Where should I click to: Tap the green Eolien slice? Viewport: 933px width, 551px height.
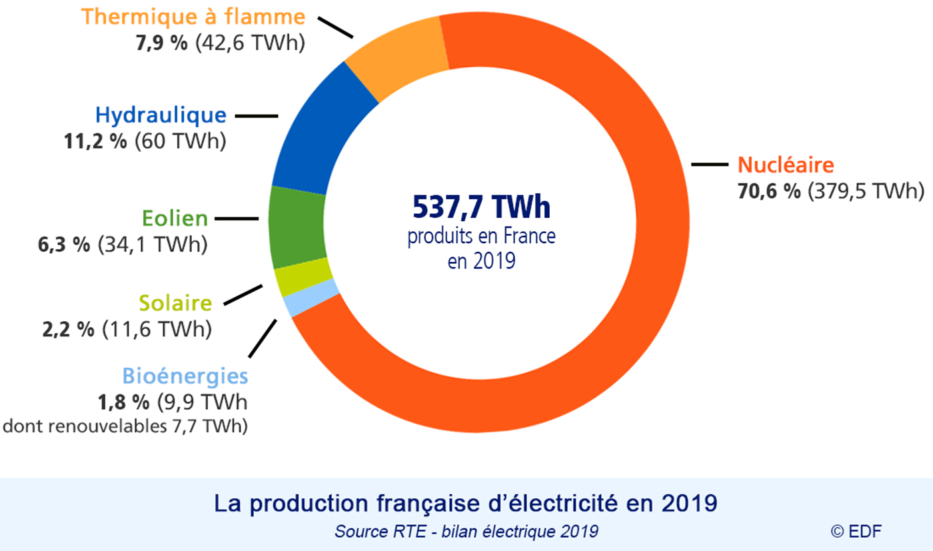pos(297,227)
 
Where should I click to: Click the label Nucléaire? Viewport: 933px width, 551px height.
pos(786,165)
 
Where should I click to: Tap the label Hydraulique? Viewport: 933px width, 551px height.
pos(161,115)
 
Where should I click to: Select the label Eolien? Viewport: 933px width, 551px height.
pos(175,219)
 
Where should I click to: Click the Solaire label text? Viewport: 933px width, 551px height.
pos(175,304)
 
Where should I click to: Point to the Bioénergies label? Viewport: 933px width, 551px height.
pos(185,376)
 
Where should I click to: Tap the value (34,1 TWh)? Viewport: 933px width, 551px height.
pos(153,245)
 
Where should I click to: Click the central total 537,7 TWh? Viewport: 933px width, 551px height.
pos(482,209)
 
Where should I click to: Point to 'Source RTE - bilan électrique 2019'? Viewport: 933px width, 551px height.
pos(466,531)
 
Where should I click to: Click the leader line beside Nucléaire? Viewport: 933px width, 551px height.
pos(710,164)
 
